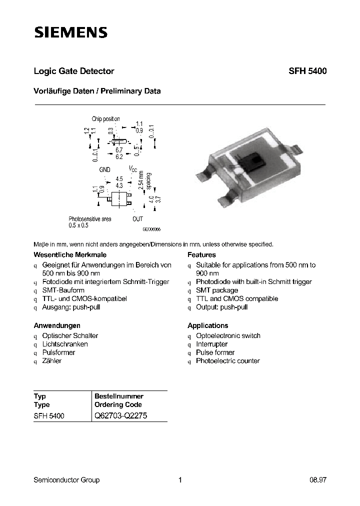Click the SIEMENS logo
click(70, 33)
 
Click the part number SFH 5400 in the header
click(307, 71)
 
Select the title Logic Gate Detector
click(74, 71)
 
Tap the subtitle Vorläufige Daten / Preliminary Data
click(97, 91)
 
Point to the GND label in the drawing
click(104, 170)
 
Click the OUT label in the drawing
click(137, 219)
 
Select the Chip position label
click(106, 119)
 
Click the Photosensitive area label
click(90, 219)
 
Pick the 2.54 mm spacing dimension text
click(144, 182)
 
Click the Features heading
click(201, 255)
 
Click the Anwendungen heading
click(57, 325)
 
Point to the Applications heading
click(207, 325)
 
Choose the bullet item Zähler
click(52, 361)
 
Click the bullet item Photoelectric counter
click(227, 361)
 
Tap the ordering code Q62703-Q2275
click(120, 416)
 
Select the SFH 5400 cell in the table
click(49, 416)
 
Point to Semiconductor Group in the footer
click(66, 480)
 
